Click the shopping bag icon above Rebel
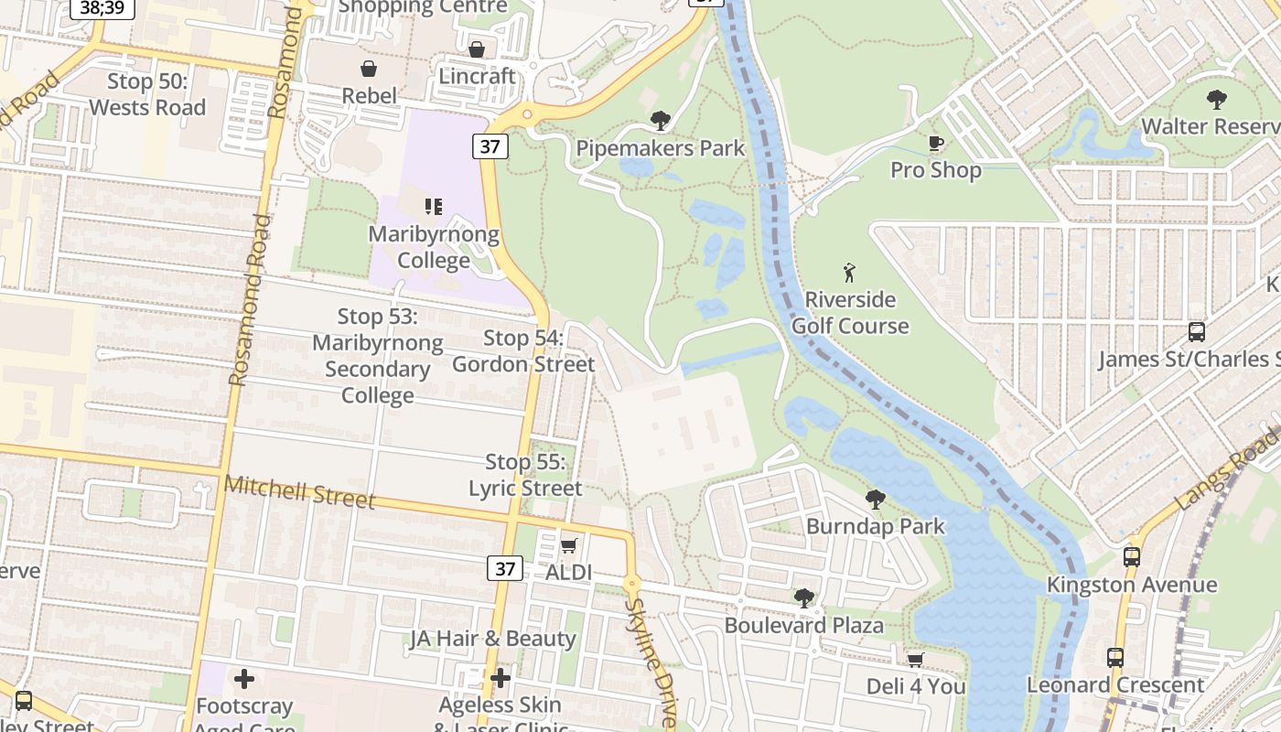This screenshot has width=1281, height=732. point(368,69)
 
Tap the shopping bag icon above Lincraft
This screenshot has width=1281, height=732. point(476,49)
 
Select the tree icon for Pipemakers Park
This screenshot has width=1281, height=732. point(660,121)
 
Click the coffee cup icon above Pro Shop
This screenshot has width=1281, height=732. point(935,144)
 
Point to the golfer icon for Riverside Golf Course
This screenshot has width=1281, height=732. point(849,272)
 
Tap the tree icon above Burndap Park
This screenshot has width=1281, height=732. point(875,500)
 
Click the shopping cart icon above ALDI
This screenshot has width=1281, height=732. point(568,545)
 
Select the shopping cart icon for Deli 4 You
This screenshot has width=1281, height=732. point(915,659)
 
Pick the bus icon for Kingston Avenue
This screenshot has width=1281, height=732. point(1131,557)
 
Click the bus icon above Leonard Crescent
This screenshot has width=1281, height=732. point(1114,657)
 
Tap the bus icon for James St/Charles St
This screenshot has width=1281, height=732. point(1196,332)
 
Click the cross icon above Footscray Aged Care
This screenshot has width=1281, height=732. point(243,679)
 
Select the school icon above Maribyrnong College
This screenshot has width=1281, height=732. point(434,207)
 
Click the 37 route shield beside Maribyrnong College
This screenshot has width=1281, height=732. point(490,145)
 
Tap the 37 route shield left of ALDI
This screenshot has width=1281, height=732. point(505,569)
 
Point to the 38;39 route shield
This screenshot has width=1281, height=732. point(102,7)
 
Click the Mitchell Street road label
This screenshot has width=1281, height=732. point(299,491)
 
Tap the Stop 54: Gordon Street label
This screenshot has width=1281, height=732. point(523,351)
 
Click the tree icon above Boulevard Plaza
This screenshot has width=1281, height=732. point(803,598)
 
